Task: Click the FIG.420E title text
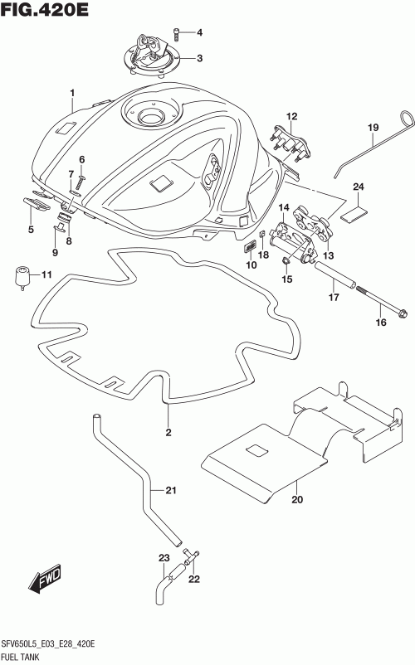[45, 9]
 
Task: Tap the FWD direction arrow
[46, 579]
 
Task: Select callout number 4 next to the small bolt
[199, 32]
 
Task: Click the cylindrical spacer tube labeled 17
[334, 275]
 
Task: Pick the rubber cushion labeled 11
[22, 278]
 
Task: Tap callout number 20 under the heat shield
[297, 499]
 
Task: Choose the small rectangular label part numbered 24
[354, 214]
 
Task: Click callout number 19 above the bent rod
[373, 127]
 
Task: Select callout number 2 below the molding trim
[168, 432]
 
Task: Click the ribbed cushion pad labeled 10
[251, 247]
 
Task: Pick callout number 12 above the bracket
[291, 116]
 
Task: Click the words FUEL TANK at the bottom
[21, 657]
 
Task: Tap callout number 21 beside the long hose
[171, 490]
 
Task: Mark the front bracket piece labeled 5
[37, 203]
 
